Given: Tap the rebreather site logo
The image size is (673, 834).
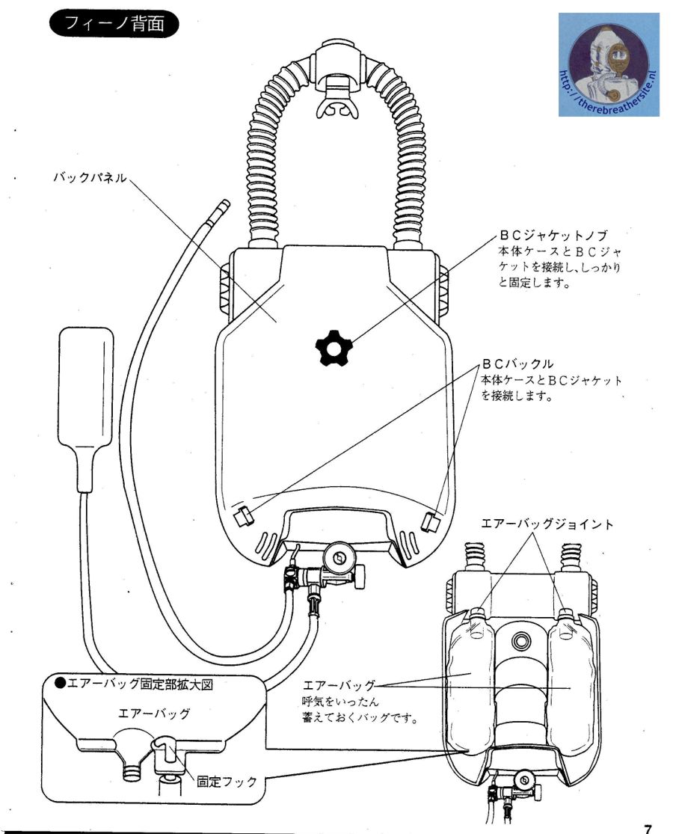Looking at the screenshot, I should point(608,65).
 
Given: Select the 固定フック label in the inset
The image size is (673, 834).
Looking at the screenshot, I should point(227,782).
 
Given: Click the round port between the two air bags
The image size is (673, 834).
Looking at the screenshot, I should point(521,641).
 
